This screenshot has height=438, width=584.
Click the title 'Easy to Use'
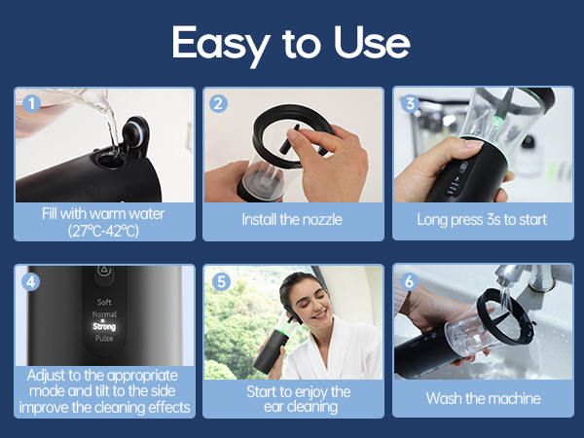pyautogui.click(x=291, y=43)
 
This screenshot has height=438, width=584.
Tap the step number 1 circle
pyautogui.click(x=31, y=102)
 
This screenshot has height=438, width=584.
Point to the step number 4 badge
pyautogui.click(x=31, y=281)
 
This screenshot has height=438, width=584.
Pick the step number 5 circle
pyautogui.click(x=220, y=281)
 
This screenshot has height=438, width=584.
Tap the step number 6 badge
pyautogui.click(x=410, y=281)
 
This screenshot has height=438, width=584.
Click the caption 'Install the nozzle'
pyautogui.click(x=292, y=220)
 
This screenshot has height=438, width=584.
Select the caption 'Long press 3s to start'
pyautogui.click(x=483, y=220)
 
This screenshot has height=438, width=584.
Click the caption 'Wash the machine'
pyautogui.click(x=483, y=398)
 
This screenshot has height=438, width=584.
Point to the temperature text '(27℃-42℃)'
pyautogui.click(x=103, y=230)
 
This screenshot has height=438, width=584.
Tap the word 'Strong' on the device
pyautogui.click(x=103, y=327)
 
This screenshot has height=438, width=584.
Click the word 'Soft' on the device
pyautogui.click(x=103, y=303)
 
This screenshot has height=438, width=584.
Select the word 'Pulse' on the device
pyautogui.click(x=103, y=339)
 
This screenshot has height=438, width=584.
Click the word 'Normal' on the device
pyautogui.click(x=103, y=315)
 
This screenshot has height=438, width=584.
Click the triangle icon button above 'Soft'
pyautogui.click(x=103, y=275)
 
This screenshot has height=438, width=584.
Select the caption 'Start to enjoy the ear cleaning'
pyautogui.click(x=292, y=399)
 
